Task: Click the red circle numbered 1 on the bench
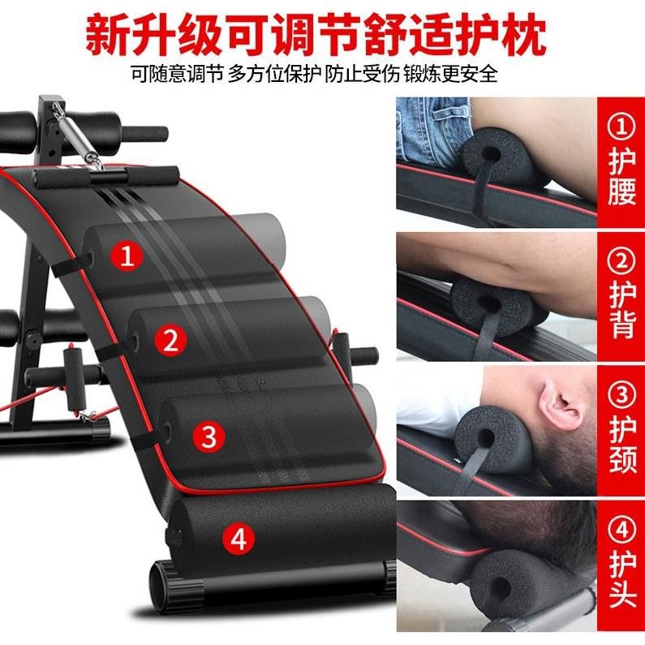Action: [127, 256]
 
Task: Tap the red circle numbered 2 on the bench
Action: [170, 340]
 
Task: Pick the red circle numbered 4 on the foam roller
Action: [239, 539]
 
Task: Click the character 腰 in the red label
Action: [622, 191]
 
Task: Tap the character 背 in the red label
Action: [622, 324]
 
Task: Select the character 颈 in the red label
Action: [622, 458]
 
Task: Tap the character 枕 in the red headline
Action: [524, 35]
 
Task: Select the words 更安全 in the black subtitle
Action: [468, 74]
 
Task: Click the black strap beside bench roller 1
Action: [70, 265]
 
